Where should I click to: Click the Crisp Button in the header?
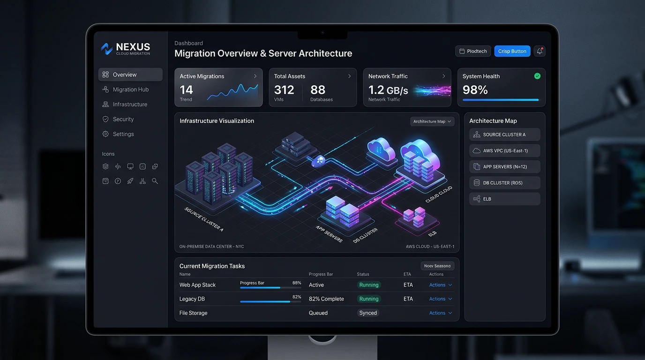point(512,51)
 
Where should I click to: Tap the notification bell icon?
point(540,51)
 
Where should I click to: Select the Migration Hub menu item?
point(130,90)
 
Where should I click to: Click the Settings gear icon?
point(105,134)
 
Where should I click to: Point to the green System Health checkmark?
point(537,76)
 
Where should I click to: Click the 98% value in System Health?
point(475,90)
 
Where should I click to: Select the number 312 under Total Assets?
point(284,90)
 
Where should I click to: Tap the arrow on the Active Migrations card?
point(255,76)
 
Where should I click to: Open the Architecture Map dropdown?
point(432,121)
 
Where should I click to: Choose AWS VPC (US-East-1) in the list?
point(504,150)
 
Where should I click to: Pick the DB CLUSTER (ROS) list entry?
point(504,183)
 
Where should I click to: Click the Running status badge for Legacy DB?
point(369,299)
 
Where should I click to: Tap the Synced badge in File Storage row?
point(367,313)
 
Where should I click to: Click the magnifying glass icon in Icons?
point(155,181)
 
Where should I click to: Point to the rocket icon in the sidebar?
point(130,181)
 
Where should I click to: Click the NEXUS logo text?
point(133,47)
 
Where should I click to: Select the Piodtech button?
point(473,51)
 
